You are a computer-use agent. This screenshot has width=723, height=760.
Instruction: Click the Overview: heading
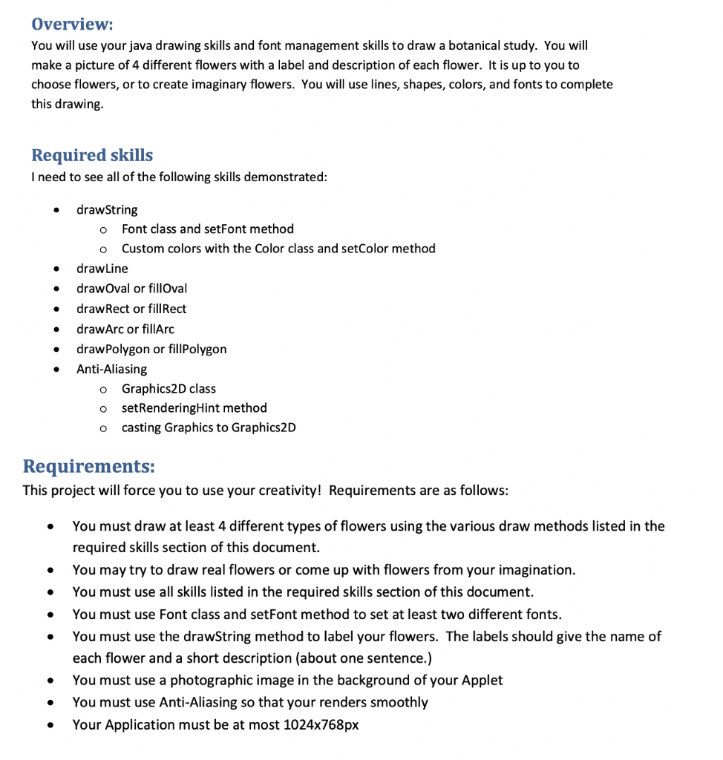click(72, 24)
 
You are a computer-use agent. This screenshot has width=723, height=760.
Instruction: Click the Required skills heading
click(92, 155)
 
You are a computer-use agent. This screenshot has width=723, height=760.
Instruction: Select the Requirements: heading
click(89, 466)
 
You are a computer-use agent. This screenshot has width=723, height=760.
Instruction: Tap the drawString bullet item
click(107, 210)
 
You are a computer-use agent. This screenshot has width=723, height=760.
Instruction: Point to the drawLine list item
click(102, 269)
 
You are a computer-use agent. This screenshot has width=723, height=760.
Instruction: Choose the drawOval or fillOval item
click(131, 289)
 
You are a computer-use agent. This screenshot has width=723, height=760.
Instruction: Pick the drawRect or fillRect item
click(131, 309)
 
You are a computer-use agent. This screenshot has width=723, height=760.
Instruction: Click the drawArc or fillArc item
click(125, 329)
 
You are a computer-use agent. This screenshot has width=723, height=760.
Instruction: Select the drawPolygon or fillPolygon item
click(151, 349)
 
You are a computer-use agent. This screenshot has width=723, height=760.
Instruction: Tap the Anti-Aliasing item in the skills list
click(111, 369)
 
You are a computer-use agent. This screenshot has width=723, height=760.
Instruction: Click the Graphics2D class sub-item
click(169, 389)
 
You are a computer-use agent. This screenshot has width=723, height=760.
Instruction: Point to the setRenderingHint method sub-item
click(194, 408)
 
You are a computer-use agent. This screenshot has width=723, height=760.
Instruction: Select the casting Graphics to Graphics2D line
click(209, 427)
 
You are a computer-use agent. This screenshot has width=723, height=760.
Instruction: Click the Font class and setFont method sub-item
click(207, 229)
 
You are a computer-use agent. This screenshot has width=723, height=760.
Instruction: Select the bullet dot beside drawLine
click(55, 269)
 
